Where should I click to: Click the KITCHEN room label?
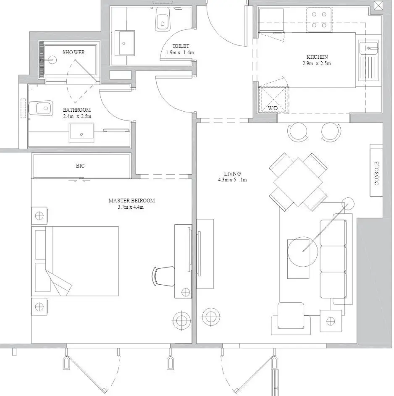pos(317,57)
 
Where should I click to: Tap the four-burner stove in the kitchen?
pos(319,20)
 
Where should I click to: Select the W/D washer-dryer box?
pos(273,99)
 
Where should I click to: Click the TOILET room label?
pos(181,46)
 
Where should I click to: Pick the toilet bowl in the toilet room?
pos(163,20)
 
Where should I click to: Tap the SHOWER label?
pos(74,52)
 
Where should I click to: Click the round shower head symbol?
pos(52,60)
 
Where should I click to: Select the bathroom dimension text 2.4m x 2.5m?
pos(77,116)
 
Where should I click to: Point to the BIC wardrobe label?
pos(80,166)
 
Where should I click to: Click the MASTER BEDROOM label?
pos(131,201)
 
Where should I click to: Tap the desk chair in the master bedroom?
pos(163,276)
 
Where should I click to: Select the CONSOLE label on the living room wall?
pos(377,173)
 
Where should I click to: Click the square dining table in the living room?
pos(298,182)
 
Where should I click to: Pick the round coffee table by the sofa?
pos(303,252)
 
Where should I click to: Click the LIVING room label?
pos(232,174)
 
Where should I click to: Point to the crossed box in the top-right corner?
pos(378,5)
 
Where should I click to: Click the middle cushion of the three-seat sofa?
pos(333,259)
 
